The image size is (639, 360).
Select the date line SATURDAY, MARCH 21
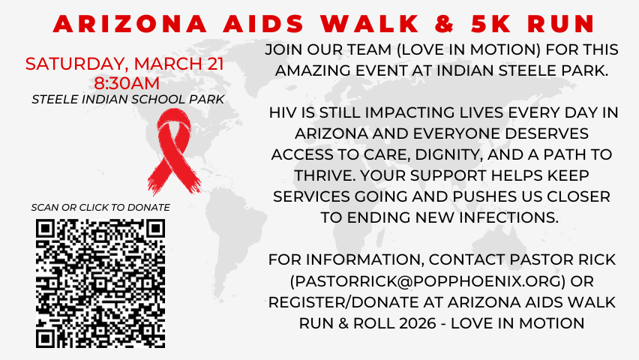point(124,63)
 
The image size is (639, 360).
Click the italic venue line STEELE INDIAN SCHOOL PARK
point(127,98)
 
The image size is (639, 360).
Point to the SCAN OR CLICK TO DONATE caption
point(100,207)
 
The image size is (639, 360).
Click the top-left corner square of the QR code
point(46,229)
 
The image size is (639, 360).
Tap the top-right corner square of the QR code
point(154,229)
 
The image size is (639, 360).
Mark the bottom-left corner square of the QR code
point(46,337)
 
